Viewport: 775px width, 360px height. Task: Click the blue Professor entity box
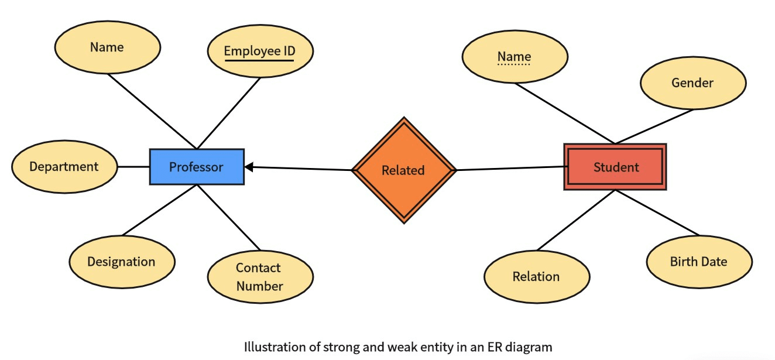click(x=197, y=167)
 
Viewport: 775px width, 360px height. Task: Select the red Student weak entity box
click(x=615, y=167)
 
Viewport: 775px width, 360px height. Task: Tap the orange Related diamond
click(x=403, y=170)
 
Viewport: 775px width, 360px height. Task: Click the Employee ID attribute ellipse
click(x=260, y=51)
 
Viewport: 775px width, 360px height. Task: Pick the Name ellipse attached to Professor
click(x=107, y=47)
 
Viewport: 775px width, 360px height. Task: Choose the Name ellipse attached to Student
click(x=515, y=57)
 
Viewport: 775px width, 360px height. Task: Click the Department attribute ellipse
click(x=64, y=167)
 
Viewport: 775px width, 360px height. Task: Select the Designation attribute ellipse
click(x=122, y=262)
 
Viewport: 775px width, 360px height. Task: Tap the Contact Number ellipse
click(x=260, y=277)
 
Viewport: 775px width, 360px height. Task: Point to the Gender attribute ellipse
click(x=692, y=83)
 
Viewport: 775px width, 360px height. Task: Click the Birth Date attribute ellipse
click(x=699, y=262)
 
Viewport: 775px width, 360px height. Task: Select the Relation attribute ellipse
click(x=536, y=277)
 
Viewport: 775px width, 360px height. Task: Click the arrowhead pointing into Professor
click(x=249, y=167)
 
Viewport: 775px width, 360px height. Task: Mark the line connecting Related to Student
click(x=509, y=169)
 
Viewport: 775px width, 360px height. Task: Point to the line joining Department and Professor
click(x=133, y=167)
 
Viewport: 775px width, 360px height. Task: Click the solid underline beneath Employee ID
click(x=259, y=60)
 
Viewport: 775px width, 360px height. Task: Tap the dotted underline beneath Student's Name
click(x=514, y=64)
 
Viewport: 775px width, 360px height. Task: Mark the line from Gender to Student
click(x=654, y=126)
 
